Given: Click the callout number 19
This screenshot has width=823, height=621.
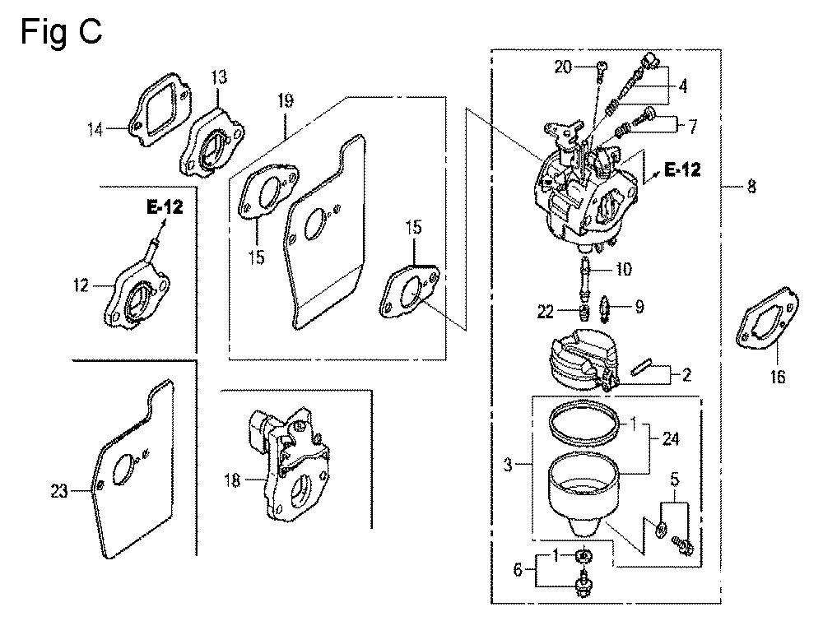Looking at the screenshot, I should coord(286,102).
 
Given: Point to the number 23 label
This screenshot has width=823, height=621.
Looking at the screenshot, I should coord(59,492).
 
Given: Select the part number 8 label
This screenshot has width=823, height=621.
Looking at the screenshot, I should coord(750,188).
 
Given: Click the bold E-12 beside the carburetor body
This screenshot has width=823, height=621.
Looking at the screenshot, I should coord(681,170).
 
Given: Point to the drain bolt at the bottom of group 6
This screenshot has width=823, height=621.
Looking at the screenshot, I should coord(584,585).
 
